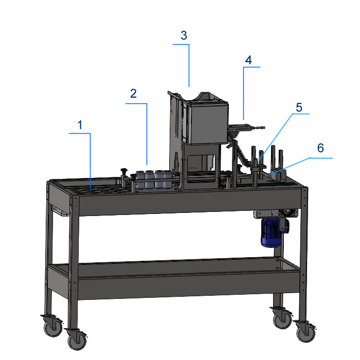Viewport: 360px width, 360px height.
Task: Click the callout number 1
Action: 80,125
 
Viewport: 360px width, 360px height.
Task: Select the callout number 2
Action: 133,94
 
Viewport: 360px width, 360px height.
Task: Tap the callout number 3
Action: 184,35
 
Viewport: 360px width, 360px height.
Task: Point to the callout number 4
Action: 248,60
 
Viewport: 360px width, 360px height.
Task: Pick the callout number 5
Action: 299,107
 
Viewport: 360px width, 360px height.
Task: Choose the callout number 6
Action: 320,148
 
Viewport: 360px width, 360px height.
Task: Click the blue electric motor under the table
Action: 273,232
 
